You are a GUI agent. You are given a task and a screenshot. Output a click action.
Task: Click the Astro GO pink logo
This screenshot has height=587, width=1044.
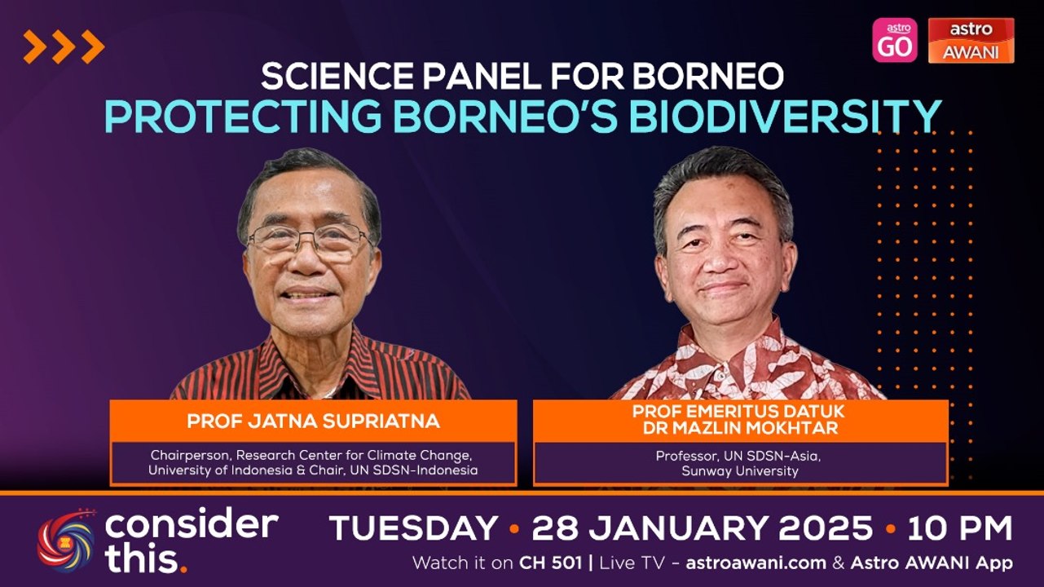click(894, 40)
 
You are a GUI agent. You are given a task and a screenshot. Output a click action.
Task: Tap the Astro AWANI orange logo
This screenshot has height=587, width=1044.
click(971, 40)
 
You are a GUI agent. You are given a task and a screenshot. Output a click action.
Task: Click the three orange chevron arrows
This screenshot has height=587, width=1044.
click(64, 46)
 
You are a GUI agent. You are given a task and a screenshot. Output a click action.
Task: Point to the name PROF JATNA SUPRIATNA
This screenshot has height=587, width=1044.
click(313, 421)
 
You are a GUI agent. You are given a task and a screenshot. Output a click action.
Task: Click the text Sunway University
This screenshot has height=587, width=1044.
click(740, 470)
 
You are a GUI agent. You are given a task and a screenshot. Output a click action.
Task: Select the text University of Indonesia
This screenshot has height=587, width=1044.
click(214, 470)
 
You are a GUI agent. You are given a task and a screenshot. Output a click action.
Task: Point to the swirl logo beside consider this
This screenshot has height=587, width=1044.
click(66, 540)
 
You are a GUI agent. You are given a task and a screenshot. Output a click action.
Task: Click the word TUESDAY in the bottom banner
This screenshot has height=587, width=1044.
click(413, 529)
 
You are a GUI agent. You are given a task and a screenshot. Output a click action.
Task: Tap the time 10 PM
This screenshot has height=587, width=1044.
click(959, 529)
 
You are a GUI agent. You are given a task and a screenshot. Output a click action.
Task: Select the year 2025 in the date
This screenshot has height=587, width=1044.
click(826, 529)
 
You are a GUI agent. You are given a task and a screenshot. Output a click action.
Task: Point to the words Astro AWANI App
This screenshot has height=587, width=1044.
click(931, 563)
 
